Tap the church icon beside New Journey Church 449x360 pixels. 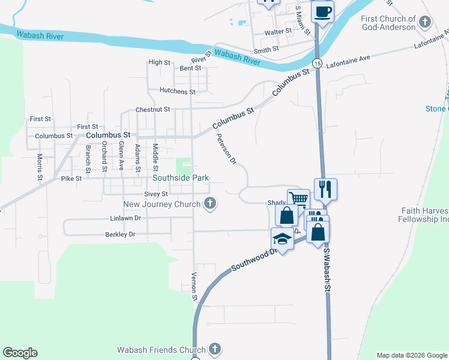(x=210, y=204)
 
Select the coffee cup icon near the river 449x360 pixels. (x=322, y=11)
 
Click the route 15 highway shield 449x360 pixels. (x=317, y=63)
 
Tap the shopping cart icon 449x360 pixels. (x=298, y=199)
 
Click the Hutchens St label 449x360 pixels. (x=178, y=91)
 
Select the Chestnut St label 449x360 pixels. (x=153, y=110)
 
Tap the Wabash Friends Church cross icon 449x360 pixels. (x=215, y=349)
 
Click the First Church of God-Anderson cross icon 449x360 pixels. (x=424, y=23)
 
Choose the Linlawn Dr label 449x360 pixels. (x=125, y=218)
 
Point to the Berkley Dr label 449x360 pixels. (x=121, y=234)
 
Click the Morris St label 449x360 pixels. (x=40, y=167)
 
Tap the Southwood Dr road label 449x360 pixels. (x=253, y=260)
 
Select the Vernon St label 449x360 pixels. (x=194, y=286)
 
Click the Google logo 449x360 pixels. (x=20, y=353)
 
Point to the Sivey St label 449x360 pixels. (x=155, y=194)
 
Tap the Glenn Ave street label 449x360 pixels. (x=121, y=155)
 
